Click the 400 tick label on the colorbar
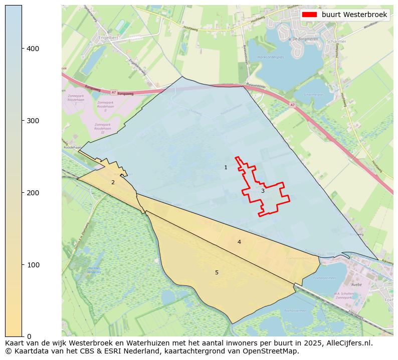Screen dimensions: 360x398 tap(33, 49)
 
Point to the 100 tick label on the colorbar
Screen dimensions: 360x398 tap(33, 264)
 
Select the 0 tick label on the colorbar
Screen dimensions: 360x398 tap(29, 336)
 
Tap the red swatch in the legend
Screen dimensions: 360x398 tap(309, 15)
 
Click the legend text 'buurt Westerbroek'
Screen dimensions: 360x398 tap(354, 15)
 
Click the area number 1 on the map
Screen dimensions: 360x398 tap(226, 167)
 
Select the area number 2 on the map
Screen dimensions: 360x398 tap(113, 182)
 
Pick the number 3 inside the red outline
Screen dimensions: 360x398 tap(262, 191)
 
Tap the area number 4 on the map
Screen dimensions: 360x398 tap(239, 242)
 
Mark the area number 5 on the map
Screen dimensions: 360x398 tap(217, 272)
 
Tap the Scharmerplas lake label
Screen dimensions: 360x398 tap(314, 94)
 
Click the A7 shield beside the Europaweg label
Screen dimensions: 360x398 tap(114, 92)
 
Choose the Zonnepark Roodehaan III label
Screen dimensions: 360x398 tap(102, 128)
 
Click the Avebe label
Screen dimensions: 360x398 tap(356, 284)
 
